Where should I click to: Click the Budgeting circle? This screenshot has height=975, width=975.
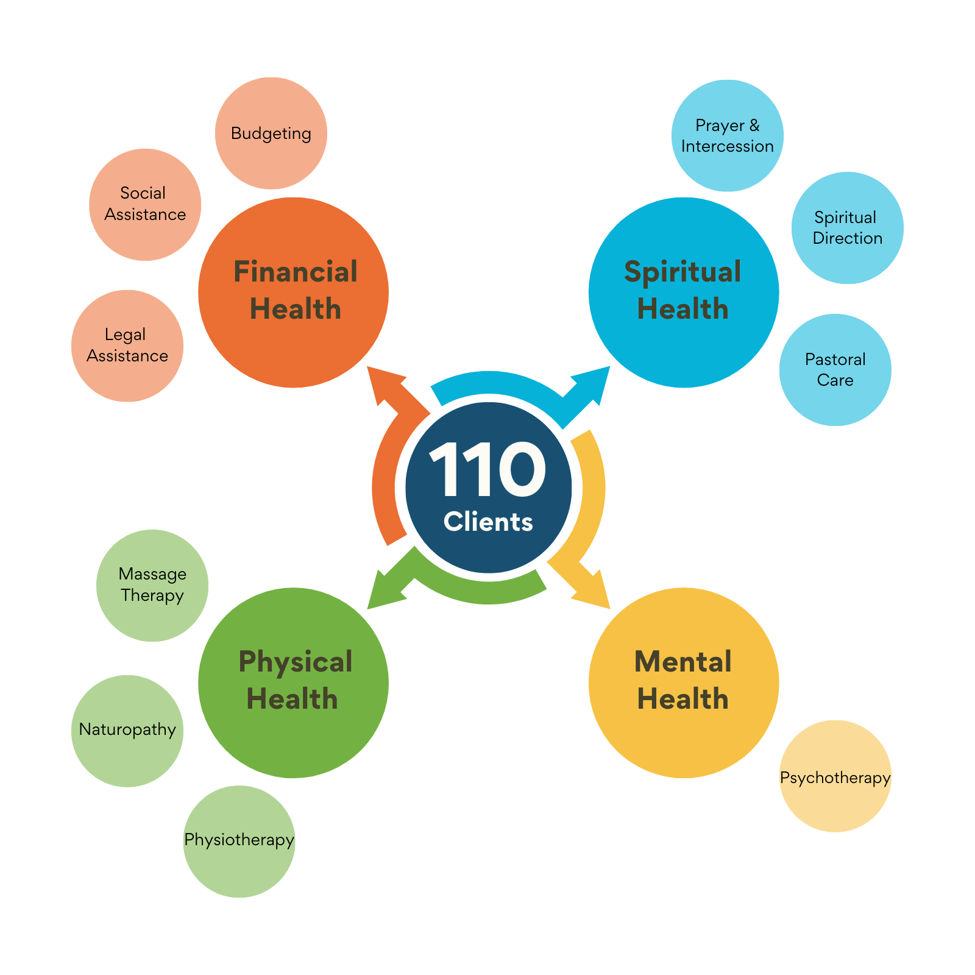[x=271, y=133]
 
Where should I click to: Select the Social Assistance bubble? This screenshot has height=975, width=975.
[x=145, y=205]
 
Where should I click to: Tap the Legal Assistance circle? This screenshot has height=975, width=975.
[x=127, y=346]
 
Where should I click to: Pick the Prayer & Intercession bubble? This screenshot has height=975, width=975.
[x=728, y=135]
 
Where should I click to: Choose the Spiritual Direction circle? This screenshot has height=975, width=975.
[x=847, y=228]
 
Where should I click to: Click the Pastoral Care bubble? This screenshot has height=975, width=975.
[x=835, y=370]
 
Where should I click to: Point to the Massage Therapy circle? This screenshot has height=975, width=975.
[x=152, y=585]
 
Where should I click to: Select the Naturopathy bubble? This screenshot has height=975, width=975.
[x=127, y=730]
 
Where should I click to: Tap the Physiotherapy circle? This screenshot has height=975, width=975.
[x=239, y=841]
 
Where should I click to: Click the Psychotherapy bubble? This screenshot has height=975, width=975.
[x=835, y=777]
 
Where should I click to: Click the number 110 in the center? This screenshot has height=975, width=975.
[x=487, y=469]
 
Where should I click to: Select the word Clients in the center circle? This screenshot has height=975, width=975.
[x=488, y=522]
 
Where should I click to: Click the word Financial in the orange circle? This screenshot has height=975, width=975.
[x=296, y=272]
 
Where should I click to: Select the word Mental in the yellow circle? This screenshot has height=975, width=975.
[x=682, y=662]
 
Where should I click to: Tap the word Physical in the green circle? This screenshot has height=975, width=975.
[x=296, y=662]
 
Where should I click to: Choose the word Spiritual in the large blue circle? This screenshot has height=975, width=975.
[x=682, y=272]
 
